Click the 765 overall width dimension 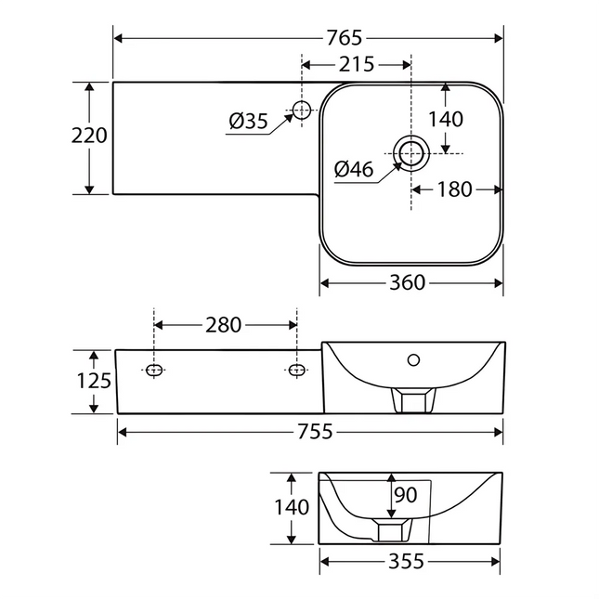(x=344, y=38)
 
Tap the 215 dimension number (x=357, y=65)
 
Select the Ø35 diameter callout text (x=248, y=122)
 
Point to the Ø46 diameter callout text (x=354, y=169)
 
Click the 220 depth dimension (x=89, y=136)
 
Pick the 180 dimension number (x=455, y=189)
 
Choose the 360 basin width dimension (x=408, y=282)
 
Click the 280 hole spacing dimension (x=224, y=325)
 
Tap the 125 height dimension (x=94, y=381)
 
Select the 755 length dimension (x=315, y=432)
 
